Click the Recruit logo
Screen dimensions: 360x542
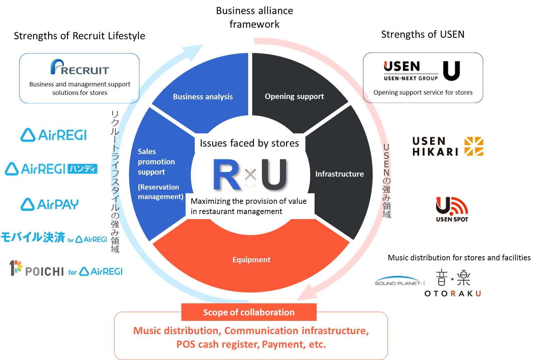(79, 67)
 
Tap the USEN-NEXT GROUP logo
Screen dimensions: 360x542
(421, 71)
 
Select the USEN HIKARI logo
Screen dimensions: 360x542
(449, 147)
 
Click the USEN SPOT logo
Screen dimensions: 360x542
(451, 209)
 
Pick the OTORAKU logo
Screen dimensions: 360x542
(453, 283)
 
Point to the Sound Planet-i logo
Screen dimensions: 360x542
(399, 281)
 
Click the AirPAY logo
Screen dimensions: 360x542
(49, 204)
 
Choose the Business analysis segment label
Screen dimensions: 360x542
(203, 97)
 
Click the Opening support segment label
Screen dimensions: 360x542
(294, 96)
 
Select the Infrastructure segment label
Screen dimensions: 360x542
(339, 174)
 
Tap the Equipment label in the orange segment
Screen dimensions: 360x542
(251, 260)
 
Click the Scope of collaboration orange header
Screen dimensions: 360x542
(249, 312)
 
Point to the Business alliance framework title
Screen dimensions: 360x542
(254, 17)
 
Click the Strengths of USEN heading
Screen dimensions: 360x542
(423, 34)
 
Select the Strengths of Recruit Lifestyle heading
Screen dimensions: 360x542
(79, 36)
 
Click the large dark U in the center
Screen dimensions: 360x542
(274, 174)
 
